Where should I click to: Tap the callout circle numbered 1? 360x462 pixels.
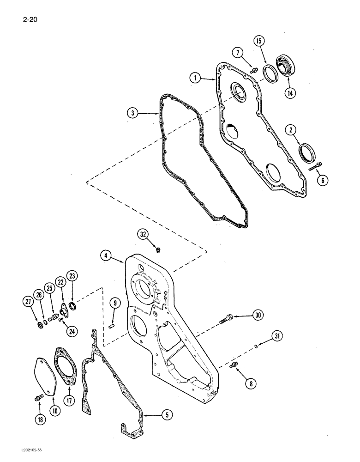coord(196,79)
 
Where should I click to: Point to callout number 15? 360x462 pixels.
coord(259,42)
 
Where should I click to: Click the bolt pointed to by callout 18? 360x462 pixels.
coord(36,397)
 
